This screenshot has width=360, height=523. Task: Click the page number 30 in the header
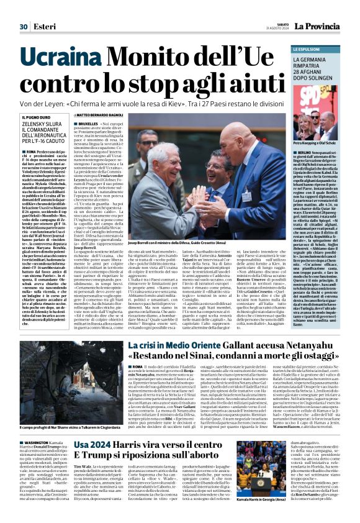click(x=24, y=9)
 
